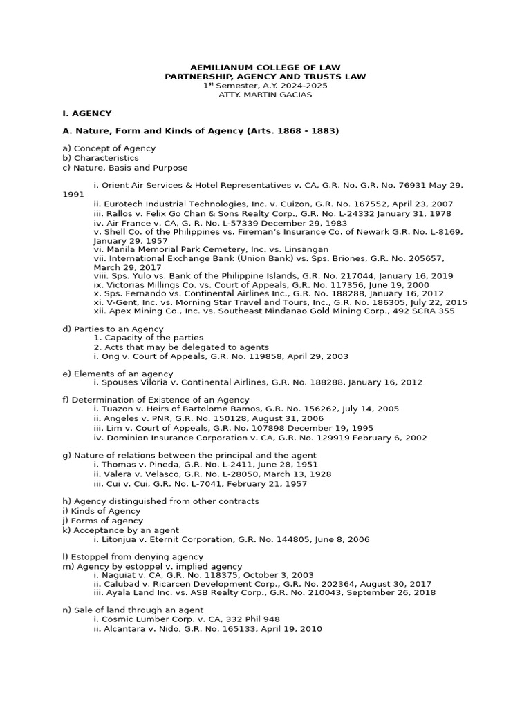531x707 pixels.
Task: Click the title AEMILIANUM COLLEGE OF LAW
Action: click(x=265, y=67)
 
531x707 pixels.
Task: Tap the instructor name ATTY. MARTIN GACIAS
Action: click(x=265, y=95)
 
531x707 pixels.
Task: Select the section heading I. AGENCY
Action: click(x=86, y=113)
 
